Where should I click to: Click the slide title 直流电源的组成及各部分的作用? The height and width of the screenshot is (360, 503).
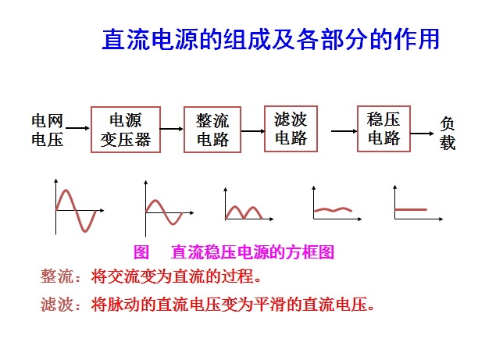tap(270, 39)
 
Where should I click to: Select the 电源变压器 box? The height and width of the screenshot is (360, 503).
tap(125, 130)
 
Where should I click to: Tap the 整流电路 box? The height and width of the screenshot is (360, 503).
tap(212, 130)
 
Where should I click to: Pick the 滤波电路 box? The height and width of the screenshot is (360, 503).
tap(291, 128)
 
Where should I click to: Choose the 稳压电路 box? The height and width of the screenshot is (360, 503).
tap(383, 128)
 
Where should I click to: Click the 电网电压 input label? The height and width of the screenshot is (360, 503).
tap(47, 130)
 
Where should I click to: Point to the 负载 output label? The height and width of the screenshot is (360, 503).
tap(448, 134)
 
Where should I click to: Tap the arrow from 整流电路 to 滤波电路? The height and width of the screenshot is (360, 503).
tap(251, 129)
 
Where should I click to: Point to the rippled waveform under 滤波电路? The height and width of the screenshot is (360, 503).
tap(333, 209)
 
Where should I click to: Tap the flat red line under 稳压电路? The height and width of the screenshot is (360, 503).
tap(411, 209)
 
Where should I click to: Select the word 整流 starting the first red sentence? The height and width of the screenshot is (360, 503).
tap(55, 276)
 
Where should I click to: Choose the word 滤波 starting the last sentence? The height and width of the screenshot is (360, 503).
tap(55, 304)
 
